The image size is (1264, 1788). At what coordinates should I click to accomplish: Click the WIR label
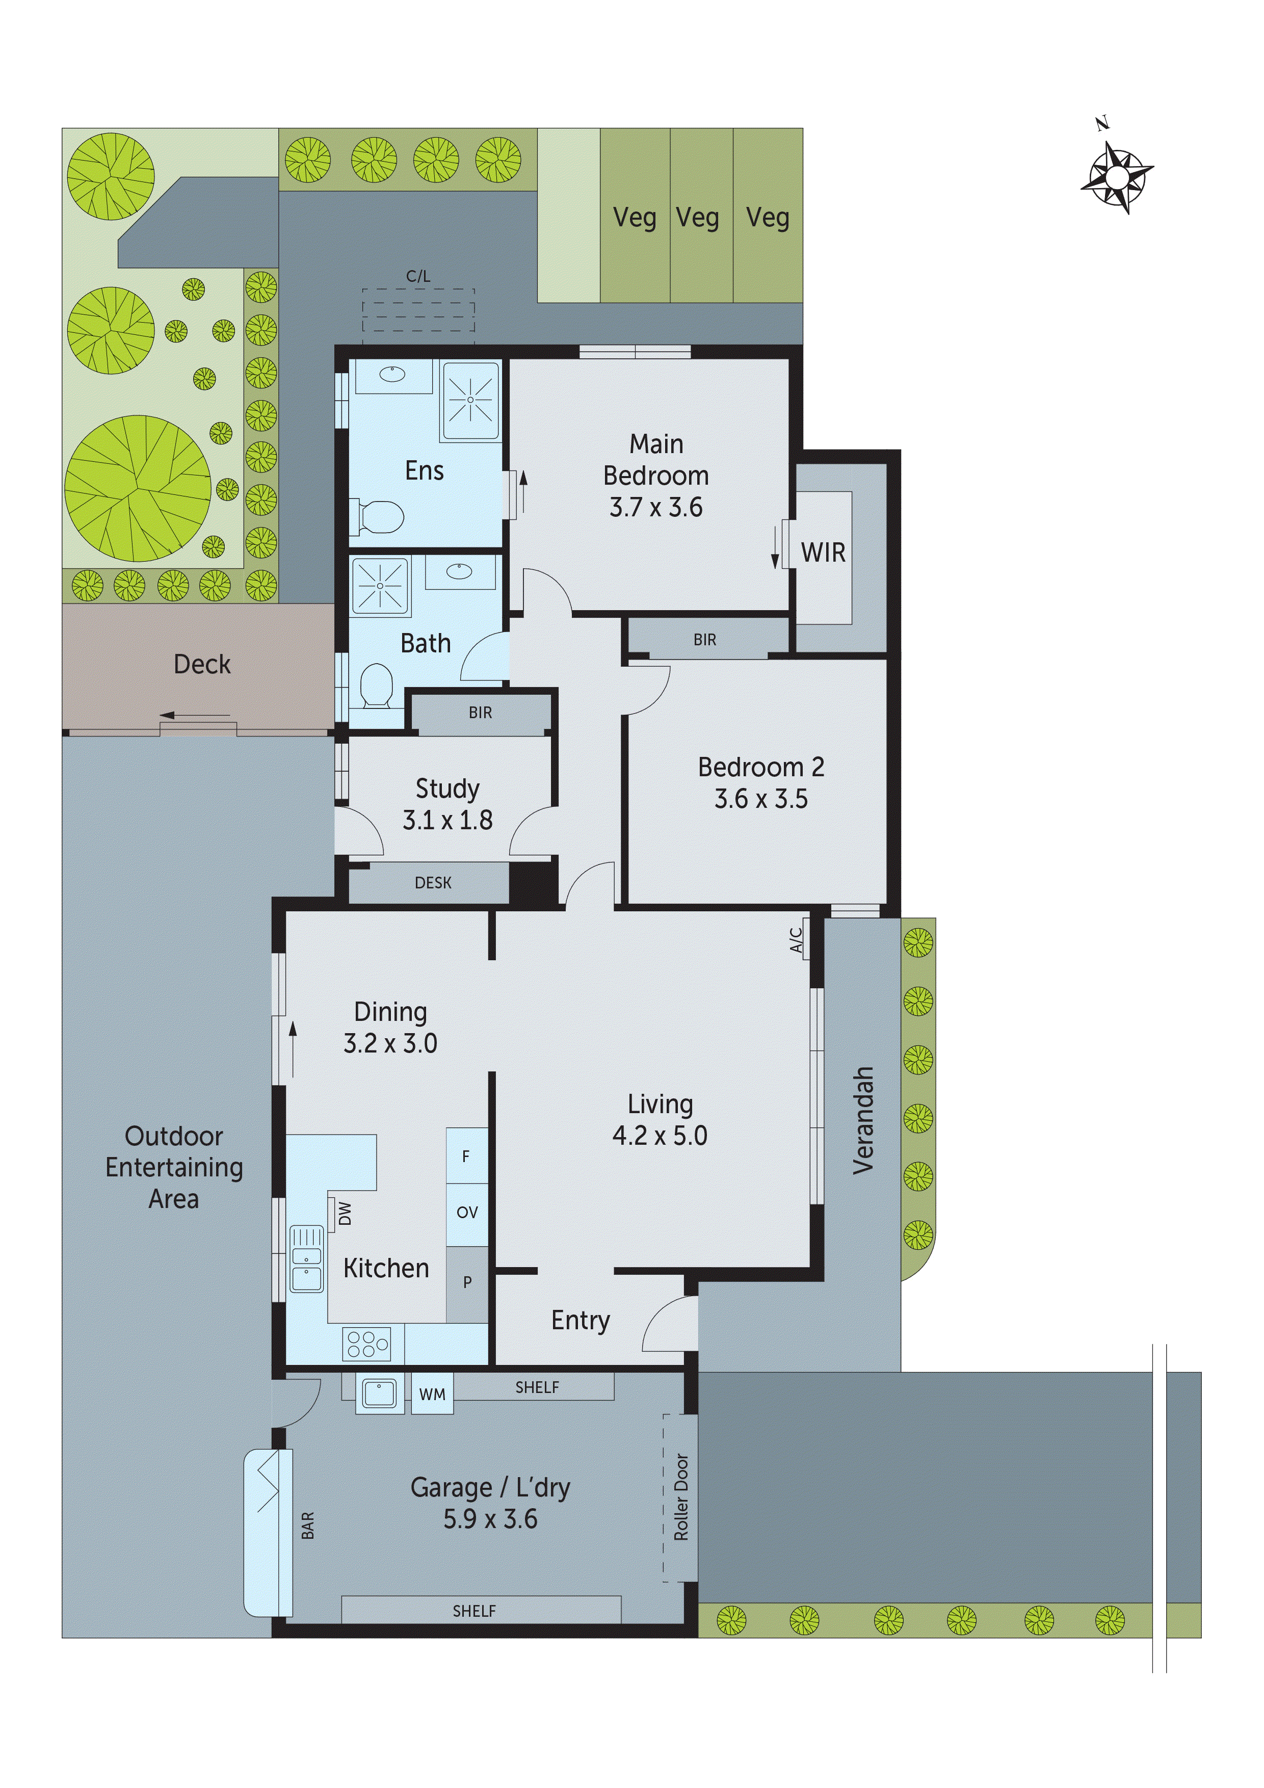tap(823, 553)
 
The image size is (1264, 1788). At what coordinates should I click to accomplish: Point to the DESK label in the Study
tap(433, 883)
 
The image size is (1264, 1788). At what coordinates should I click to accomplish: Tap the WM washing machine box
tap(432, 1395)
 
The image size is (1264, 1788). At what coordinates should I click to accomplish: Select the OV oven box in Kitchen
tap(466, 1213)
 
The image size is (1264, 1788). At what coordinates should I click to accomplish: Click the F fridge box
tap(466, 1156)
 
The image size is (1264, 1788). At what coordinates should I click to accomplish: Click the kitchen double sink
tap(306, 1259)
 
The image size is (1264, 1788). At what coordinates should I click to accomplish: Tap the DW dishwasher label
tap(345, 1213)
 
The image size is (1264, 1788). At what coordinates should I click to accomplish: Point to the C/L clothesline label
tap(418, 276)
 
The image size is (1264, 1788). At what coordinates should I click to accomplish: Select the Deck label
tap(202, 664)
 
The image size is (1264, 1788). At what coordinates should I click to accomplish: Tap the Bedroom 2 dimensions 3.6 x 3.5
tap(761, 799)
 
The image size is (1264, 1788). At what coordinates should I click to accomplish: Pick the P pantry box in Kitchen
tap(466, 1282)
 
